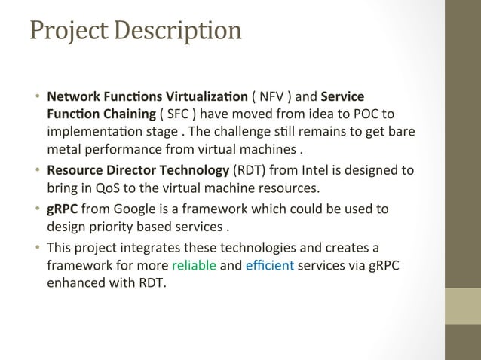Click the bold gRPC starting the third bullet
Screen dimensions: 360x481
[63, 208]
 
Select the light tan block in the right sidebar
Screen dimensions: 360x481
[463, 306]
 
